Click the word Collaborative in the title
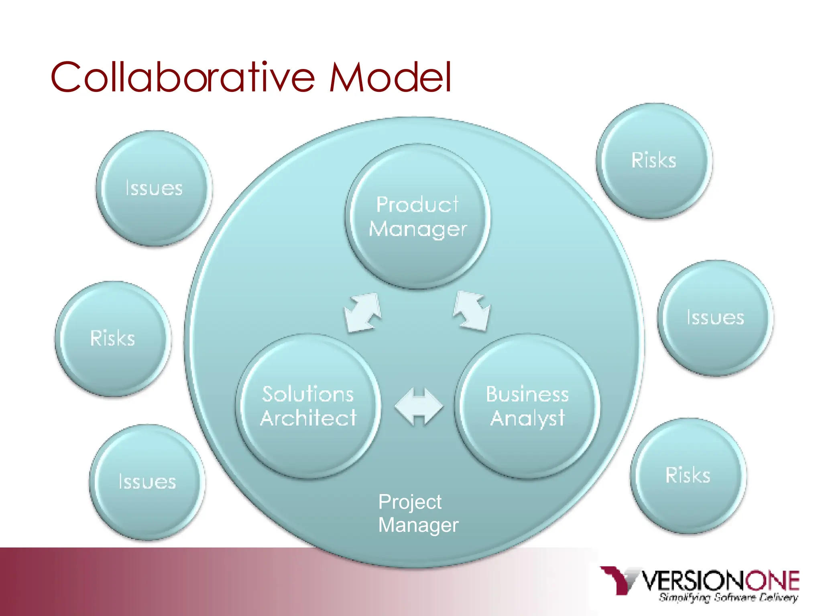(183, 77)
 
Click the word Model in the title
(390, 77)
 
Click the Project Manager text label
(417, 513)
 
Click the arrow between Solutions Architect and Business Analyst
(419, 407)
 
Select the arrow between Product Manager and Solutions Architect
(363, 313)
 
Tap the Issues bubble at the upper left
(154, 188)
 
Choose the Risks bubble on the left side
(113, 339)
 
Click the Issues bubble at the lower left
(147, 482)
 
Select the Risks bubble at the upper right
(654, 161)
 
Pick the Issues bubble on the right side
(715, 318)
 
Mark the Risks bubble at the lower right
(688, 476)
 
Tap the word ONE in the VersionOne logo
(772, 581)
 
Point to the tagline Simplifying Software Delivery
(728, 598)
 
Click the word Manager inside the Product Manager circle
(417, 229)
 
